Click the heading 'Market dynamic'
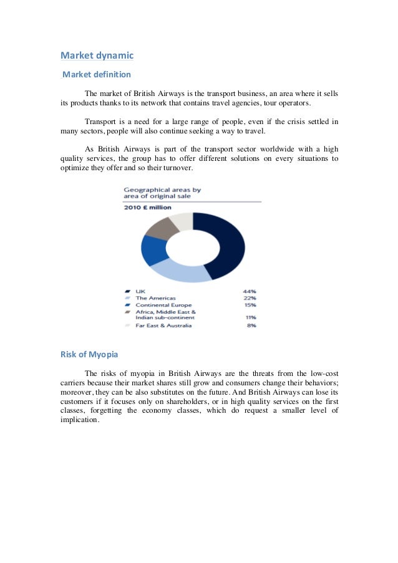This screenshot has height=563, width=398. (97, 55)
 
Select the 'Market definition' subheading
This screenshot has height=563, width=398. (96, 75)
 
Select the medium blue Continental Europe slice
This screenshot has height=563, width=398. (153, 250)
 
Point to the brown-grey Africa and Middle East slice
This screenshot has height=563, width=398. (161, 228)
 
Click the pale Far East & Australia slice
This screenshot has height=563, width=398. (182, 220)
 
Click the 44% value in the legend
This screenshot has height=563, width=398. (250, 291)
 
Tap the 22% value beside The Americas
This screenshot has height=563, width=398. (250, 298)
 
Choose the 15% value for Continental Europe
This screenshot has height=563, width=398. (250, 305)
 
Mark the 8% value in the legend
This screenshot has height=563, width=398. (251, 325)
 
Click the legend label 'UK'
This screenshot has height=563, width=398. (140, 291)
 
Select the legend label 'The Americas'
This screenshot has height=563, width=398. (156, 298)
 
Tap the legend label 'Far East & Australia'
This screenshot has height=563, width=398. (163, 325)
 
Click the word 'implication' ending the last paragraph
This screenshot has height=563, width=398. (79, 420)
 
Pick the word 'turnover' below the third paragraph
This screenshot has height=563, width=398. (177, 168)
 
